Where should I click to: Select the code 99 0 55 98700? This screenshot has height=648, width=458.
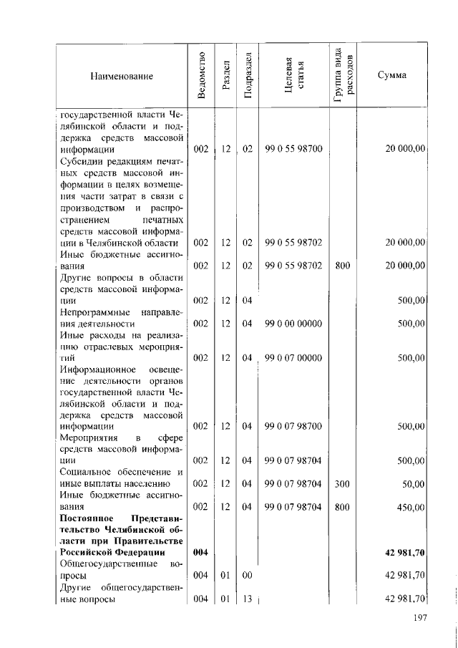(x=293, y=149)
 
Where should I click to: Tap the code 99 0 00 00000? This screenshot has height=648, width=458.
(x=293, y=324)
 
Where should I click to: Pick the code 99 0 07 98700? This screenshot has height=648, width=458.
(x=293, y=427)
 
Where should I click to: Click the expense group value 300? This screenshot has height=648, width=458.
(x=342, y=484)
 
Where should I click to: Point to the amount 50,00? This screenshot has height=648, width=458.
(x=413, y=484)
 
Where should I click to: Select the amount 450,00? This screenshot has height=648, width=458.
(x=411, y=507)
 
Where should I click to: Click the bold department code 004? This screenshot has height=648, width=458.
(x=201, y=553)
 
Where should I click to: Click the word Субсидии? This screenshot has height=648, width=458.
(x=80, y=161)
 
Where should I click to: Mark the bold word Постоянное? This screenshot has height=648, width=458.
(x=87, y=518)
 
